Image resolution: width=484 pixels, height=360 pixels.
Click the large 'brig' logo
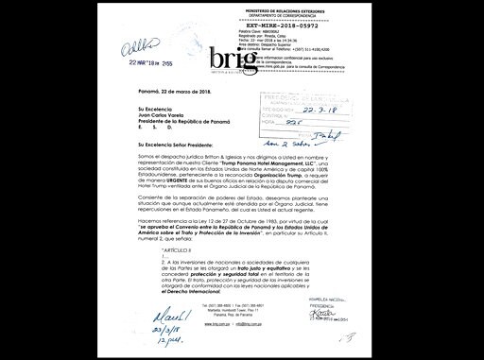click(x=232, y=60)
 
